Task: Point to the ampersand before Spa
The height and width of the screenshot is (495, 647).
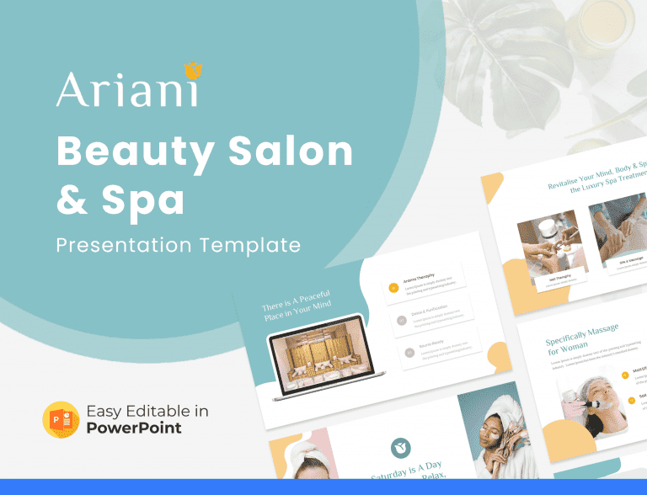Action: click(x=72, y=200)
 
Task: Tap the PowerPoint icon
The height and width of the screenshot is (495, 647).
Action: click(x=61, y=419)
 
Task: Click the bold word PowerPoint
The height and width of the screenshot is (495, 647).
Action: click(x=134, y=428)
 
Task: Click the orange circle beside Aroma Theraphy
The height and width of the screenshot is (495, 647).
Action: click(x=393, y=288)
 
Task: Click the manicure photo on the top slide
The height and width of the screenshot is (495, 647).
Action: click(x=548, y=242)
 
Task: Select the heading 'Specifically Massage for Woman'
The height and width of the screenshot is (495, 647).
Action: click(x=582, y=337)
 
